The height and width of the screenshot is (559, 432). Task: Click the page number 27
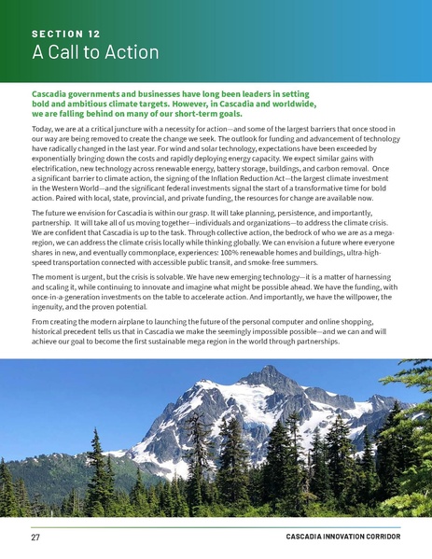pyautogui.click(x=35, y=538)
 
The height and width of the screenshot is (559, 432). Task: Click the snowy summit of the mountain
pyautogui.click(x=251, y=372)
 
